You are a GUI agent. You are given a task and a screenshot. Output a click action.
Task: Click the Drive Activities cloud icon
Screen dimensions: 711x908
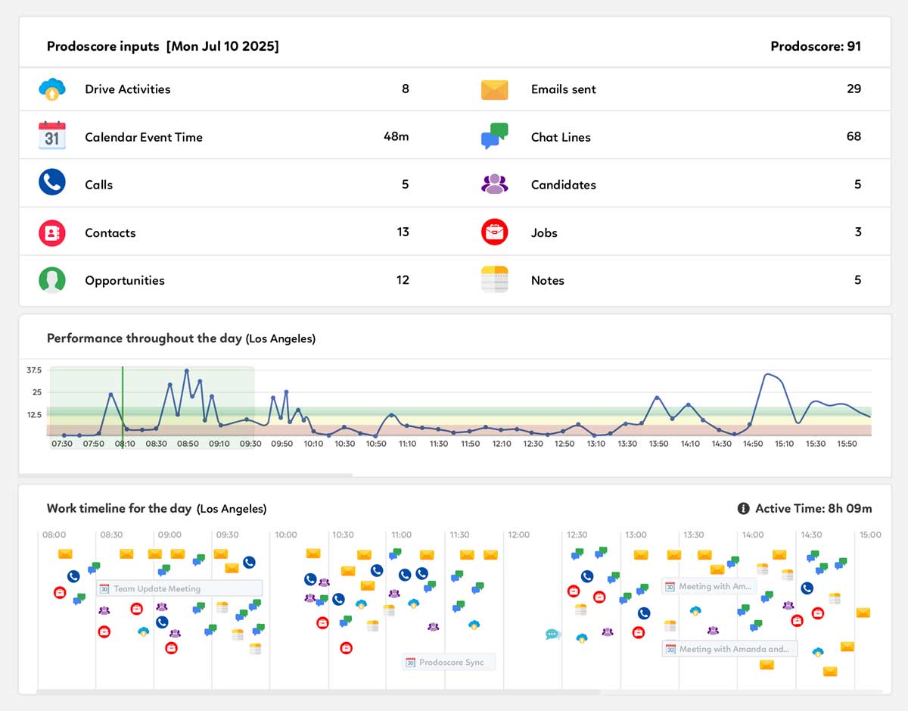(52, 89)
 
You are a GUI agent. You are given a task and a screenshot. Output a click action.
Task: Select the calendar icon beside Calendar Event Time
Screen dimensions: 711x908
(52, 136)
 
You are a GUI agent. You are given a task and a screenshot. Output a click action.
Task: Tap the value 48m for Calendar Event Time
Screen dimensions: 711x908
(396, 136)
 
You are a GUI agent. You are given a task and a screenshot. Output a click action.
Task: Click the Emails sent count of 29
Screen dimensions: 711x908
(854, 89)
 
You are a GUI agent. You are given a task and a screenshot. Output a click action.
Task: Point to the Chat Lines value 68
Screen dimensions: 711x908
(854, 136)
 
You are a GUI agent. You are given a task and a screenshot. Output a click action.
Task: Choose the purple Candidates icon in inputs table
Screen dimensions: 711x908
(494, 184)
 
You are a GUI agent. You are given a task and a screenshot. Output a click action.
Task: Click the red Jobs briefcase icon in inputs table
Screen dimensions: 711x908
(494, 232)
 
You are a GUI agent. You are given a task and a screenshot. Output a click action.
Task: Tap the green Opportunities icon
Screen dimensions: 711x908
(52, 280)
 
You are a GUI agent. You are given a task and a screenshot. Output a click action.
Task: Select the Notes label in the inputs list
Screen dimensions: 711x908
(547, 280)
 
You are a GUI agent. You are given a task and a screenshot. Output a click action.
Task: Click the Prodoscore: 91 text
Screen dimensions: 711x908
(815, 46)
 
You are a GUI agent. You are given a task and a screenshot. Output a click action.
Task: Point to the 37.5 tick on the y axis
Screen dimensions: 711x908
(33, 370)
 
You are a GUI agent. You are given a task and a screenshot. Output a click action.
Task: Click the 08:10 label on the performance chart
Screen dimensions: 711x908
(125, 444)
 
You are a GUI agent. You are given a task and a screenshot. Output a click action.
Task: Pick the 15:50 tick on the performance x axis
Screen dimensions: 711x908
(847, 444)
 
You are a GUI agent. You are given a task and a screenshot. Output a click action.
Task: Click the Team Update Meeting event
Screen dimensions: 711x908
(179, 588)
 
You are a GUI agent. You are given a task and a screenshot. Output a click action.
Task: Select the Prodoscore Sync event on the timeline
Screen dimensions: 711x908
(449, 662)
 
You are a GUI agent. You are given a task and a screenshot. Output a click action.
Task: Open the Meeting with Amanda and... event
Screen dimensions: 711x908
(729, 649)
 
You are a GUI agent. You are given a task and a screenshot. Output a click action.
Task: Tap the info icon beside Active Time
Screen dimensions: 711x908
(743, 508)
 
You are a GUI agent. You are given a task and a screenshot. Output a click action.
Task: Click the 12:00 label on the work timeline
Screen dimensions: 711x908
(519, 535)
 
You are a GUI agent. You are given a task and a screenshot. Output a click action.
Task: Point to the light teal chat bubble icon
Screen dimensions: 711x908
(552, 635)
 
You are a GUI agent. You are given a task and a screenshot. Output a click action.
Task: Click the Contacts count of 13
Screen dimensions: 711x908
(403, 232)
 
